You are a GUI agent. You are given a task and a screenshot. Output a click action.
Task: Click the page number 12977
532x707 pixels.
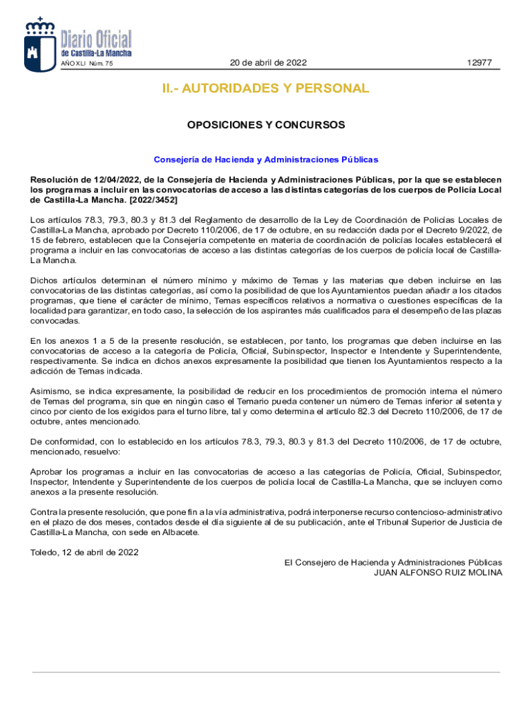(x=479, y=63)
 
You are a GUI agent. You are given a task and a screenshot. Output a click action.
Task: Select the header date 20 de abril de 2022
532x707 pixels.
(x=268, y=63)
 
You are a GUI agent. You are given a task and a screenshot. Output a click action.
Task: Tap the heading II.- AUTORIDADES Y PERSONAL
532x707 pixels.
(x=266, y=88)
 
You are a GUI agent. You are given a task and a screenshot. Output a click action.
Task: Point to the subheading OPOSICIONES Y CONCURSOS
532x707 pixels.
(x=266, y=125)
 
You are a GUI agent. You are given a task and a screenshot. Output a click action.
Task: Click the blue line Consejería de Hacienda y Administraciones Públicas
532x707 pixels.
(x=266, y=159)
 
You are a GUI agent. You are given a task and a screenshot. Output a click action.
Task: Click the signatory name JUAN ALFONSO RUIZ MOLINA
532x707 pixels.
(x=438, y=572)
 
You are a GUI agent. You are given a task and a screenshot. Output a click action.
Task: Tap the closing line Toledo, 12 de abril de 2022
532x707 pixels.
(x=84, y=552)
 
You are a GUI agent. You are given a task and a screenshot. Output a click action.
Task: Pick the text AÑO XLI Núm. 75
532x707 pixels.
(x=87, y=64)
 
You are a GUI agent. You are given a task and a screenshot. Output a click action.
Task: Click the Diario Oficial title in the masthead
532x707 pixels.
(x=96, y=39)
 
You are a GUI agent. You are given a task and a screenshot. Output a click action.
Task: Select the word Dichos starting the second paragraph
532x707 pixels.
(x=44, y=280)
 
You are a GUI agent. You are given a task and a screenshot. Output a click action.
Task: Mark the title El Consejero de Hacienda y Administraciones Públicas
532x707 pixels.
(x=393, y=563)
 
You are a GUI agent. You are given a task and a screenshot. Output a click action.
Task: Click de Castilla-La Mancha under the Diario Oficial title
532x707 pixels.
(x=96, y=53)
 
